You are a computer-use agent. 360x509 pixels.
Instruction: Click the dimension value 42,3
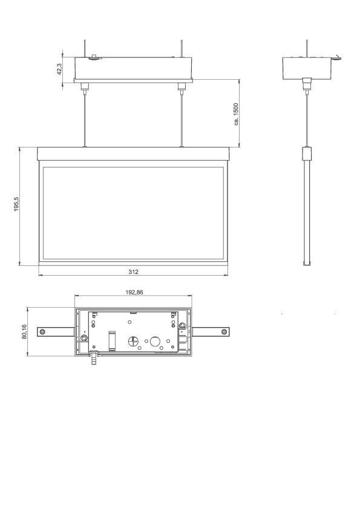59,70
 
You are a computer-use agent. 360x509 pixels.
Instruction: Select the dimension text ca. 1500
237,114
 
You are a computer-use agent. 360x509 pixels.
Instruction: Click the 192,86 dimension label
134,292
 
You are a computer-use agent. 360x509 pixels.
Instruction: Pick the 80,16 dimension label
24,331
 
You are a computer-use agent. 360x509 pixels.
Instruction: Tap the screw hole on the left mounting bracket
42,331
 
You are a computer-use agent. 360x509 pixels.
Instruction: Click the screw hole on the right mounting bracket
224,331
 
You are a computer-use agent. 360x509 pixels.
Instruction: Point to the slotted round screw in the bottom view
133,342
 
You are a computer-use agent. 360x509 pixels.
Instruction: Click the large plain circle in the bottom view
155,342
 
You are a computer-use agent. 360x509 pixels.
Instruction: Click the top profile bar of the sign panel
133,154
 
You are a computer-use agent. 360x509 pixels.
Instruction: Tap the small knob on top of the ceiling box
93,58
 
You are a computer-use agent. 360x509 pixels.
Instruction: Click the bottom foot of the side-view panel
307,262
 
